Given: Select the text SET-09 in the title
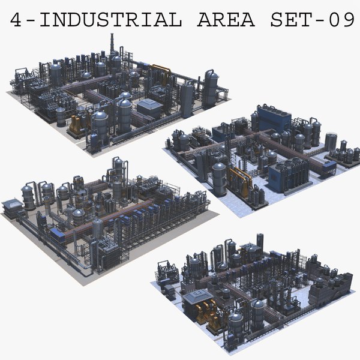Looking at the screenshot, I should click(x=313, y=20).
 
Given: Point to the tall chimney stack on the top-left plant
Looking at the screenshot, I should click(x=112, y=45).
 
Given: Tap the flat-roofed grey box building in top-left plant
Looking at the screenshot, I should click(x=149, y=108).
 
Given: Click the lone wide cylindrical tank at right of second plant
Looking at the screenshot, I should click(x=331, y=142).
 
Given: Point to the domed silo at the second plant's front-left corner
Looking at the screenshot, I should click(x=219, y=178).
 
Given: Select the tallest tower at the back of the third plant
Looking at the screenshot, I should click(x=118, y=173).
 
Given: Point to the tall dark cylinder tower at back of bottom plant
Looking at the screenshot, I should click(x=259, y=243).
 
